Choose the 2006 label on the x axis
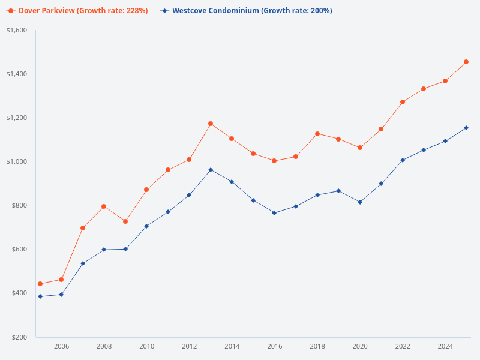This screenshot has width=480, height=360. tap(61, 346)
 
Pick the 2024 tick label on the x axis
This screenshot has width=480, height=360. tap(445, 346)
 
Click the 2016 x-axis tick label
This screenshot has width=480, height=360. tap(275, 346)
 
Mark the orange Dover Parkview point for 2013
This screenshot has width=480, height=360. tap(211, 124)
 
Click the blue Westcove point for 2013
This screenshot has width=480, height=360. tap(211, 170)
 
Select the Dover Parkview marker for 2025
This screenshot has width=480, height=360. tap(466, 62)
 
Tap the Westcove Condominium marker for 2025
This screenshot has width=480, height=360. tap(466, 128)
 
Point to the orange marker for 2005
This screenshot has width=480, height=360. tap(40, 284)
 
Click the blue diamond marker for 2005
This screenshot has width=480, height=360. tap(40, 296)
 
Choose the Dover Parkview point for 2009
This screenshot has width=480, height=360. tap(125, 221)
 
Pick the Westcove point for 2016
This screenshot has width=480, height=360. tap(275, 213)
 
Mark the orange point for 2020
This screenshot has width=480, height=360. tap(360, 148)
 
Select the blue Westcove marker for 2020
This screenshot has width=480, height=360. tap(360, 202)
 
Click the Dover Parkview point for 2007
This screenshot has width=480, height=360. tap(83, 228)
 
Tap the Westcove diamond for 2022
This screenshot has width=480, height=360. tap(403, 160)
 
